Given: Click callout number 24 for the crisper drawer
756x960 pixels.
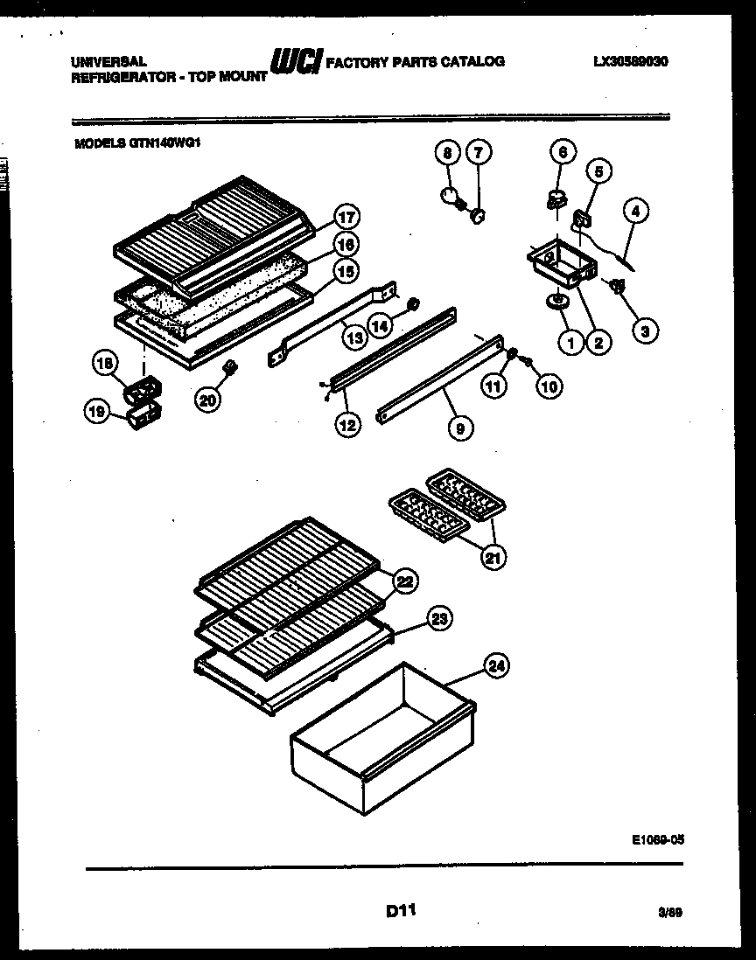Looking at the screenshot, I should click(497, 667).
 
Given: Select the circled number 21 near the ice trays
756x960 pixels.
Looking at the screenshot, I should click(494, 556).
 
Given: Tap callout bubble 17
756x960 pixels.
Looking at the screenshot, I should click(347, 218).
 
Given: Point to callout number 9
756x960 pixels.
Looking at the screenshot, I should click(459, 428).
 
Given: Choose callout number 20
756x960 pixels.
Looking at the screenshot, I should click(207, 400).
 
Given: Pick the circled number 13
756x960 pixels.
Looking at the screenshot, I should click(353, 336).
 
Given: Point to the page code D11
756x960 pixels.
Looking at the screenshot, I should click(400, 911).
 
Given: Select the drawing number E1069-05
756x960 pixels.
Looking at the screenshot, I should click(656, 838).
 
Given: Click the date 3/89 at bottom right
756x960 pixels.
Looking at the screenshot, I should click(670, 912).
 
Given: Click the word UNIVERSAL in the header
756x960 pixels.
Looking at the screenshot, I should click(108, 62).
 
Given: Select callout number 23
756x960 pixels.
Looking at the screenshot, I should click(439, 619).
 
